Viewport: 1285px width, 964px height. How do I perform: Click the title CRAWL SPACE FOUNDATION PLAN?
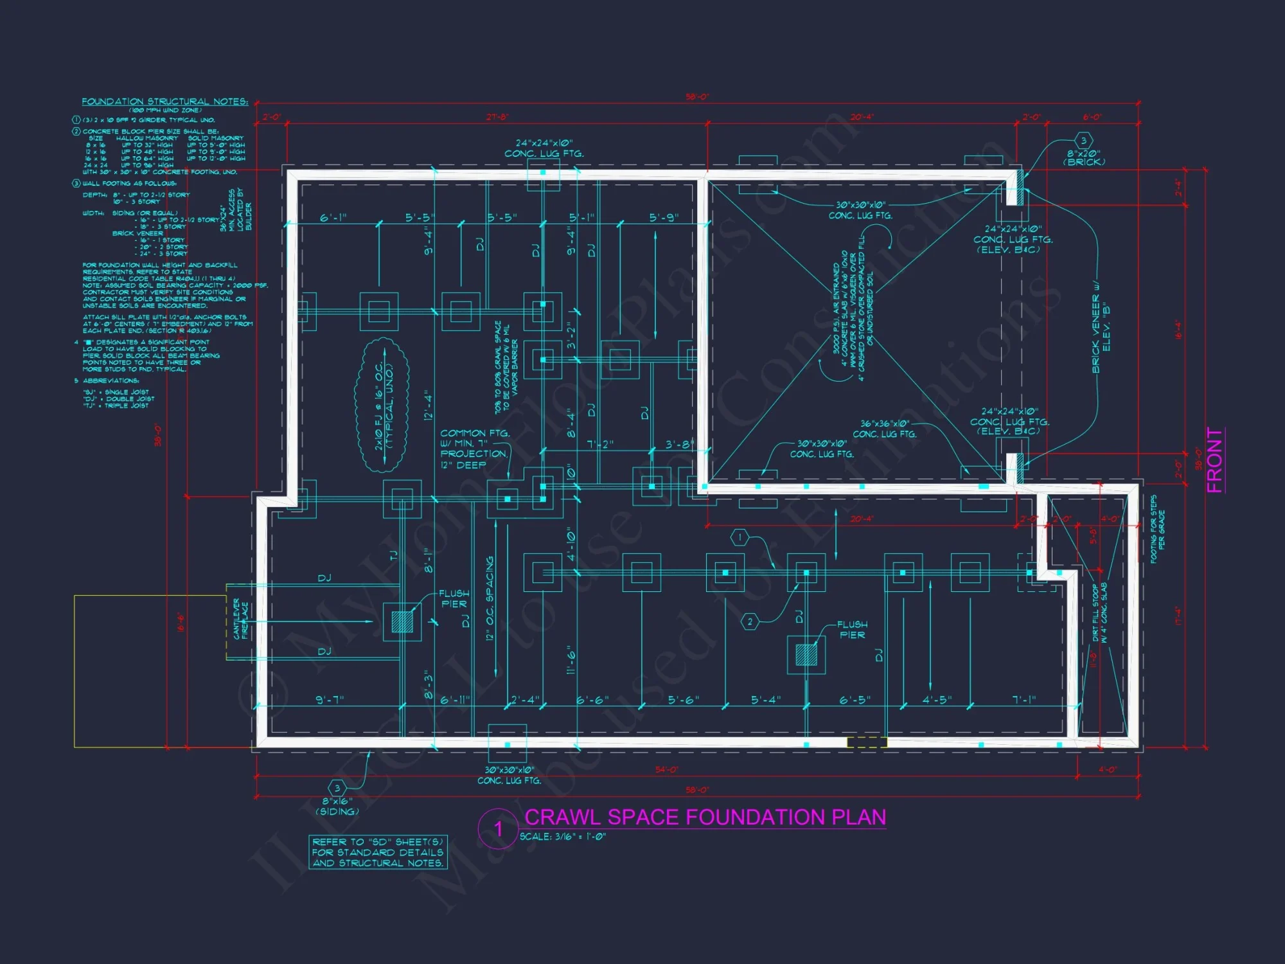705,817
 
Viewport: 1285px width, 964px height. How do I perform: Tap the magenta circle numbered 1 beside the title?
498,829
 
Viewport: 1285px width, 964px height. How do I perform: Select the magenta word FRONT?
1214,460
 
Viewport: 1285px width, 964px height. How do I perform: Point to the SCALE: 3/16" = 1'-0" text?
562,837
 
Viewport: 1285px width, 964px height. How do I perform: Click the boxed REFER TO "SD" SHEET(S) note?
378,852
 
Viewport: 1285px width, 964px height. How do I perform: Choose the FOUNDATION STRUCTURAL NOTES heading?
164,102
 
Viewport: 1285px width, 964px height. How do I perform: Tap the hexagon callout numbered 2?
749,621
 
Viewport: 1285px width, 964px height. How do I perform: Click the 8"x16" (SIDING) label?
337,806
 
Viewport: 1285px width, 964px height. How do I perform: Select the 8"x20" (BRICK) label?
1084,157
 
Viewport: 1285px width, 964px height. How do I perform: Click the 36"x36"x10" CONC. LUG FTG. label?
885,429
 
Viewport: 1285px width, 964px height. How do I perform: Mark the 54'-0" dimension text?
667,769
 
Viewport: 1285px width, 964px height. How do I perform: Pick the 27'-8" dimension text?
497,117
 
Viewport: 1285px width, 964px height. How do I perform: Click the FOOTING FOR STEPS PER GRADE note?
1157,529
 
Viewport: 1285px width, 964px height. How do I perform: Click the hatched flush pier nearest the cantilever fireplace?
402,621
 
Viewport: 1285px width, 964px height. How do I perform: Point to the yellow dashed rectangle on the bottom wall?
867,743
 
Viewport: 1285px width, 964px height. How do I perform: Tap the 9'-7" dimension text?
330,699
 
